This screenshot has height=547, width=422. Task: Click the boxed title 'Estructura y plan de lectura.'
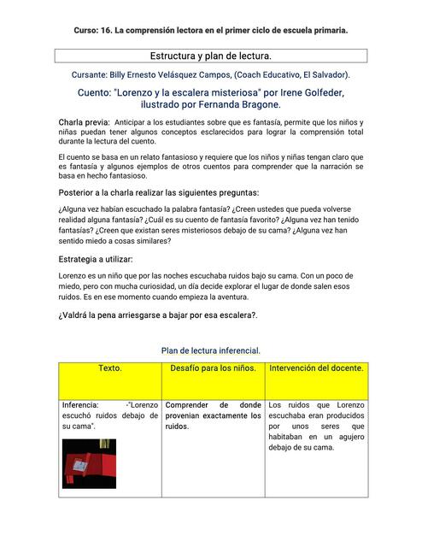[210, 56]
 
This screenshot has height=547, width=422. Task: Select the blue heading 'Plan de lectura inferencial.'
[210, 350]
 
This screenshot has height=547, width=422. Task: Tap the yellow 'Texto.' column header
[109, 368]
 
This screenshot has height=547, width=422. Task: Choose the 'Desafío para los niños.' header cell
[213, 368]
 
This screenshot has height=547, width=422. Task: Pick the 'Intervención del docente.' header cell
[316, 368]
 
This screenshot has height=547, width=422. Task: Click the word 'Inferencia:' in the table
[79, 405]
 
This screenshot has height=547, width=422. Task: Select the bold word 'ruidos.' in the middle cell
[177, 426]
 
